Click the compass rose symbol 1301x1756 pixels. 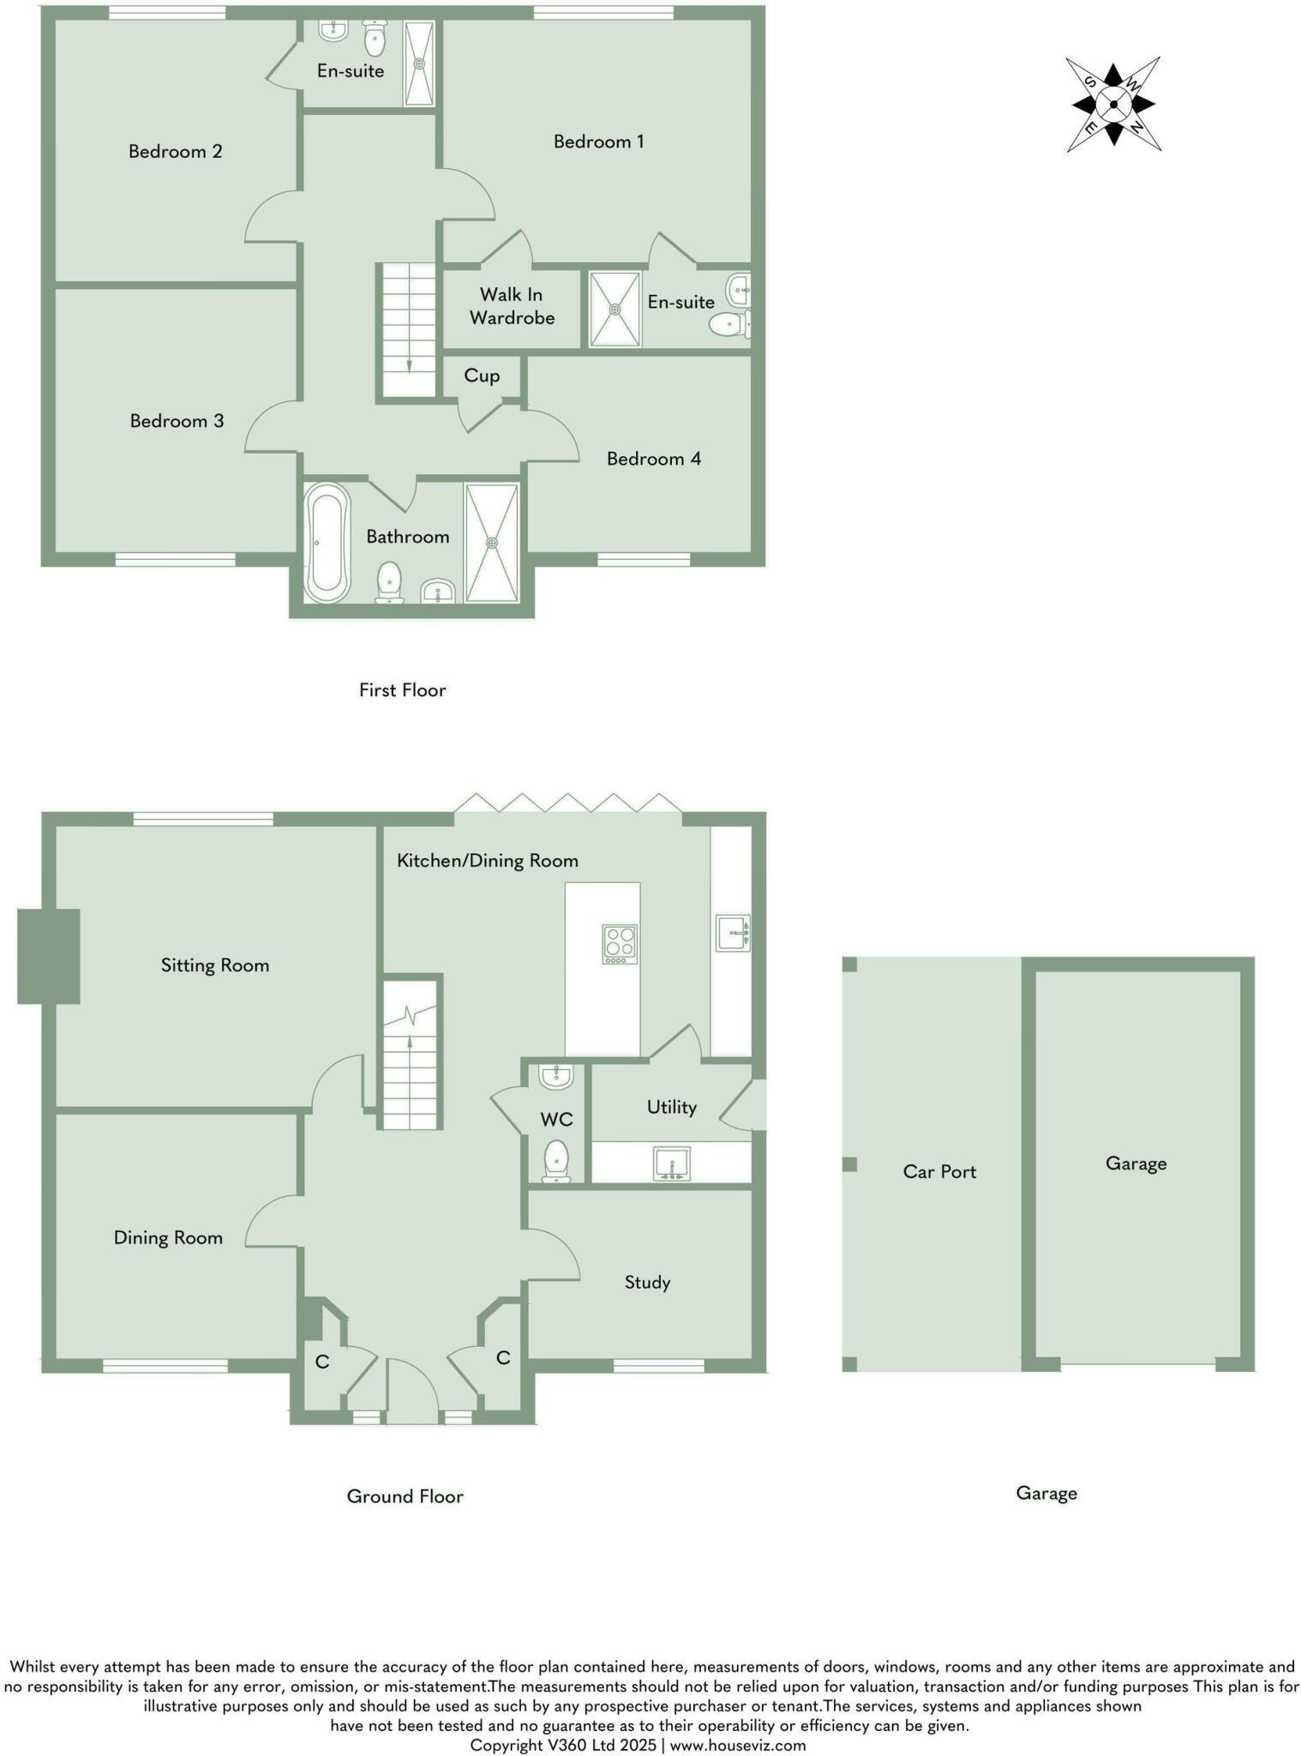click(x=1112, y=105)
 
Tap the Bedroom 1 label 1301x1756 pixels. click(x=598, y=141)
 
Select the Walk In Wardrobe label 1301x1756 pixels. click(x=512, y=306)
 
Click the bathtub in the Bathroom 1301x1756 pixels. click(x=327, y=542)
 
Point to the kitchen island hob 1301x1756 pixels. click(x=620, y=943)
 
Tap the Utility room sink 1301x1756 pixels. click(x=672, y=1164)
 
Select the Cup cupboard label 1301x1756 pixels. click(x=482, y=376)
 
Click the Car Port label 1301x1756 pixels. click(x=939, y=1172)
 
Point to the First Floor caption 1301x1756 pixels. click(x=402, y=690)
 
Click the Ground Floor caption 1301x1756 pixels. click(x=405, y=1496)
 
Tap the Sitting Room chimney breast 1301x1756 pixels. click(x=48, y=956)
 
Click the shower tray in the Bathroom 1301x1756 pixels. click(x=491, y=543)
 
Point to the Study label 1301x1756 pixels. click(x=647, y=1283)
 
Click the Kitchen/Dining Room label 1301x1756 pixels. click(x=487, y=861)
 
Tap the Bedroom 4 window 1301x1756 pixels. click(x=643, y=560)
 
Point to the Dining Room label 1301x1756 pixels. click(x=168, y=1238)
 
